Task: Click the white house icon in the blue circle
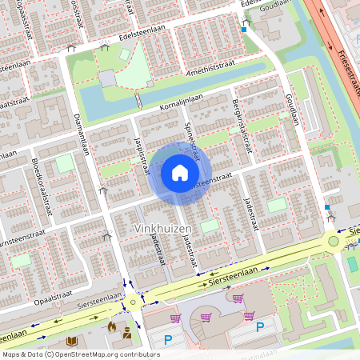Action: tap(180, 172)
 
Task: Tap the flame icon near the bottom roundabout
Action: tap(113, 326)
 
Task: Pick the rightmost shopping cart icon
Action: tap(238, 298)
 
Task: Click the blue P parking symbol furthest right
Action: tap(259, 326)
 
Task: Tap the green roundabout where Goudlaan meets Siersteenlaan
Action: tap(334, 240)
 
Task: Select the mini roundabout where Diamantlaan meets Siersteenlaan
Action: tap(132, 301)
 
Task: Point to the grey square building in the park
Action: tap(107, 78)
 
